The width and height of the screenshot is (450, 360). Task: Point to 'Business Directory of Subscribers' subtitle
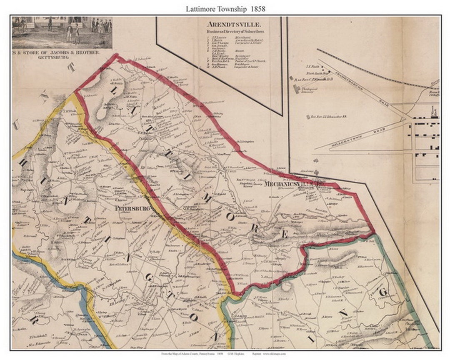coord(237,32)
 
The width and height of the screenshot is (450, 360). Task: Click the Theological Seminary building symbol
coord(296,89)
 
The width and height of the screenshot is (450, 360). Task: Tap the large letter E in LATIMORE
coord(284,234)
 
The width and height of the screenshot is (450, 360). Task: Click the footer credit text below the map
coord(225,354)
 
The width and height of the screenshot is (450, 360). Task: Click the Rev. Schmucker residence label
coord(328,117)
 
